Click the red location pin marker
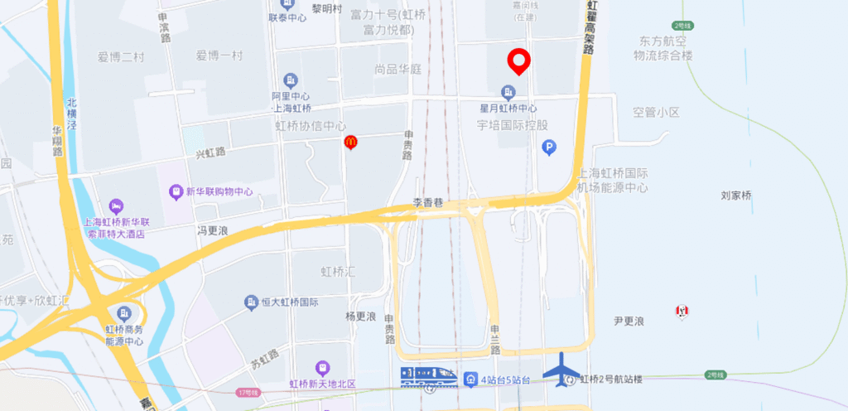point(519,60)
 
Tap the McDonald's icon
point(350,143)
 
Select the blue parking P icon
point(548,147)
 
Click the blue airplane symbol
point(563,369)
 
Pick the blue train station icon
point(428,377)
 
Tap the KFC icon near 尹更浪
point(682,312)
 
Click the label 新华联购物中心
point(219,191)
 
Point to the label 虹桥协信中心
point(311,126)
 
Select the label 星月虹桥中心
point(508,109)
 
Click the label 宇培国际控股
point(513,125)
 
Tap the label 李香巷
point(428,203)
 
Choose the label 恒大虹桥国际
point(288,302)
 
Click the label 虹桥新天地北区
point(322,384)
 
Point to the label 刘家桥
point(736,196)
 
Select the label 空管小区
point(656,112)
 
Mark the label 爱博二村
point(121,57)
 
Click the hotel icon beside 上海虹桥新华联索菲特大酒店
point(116,205)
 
